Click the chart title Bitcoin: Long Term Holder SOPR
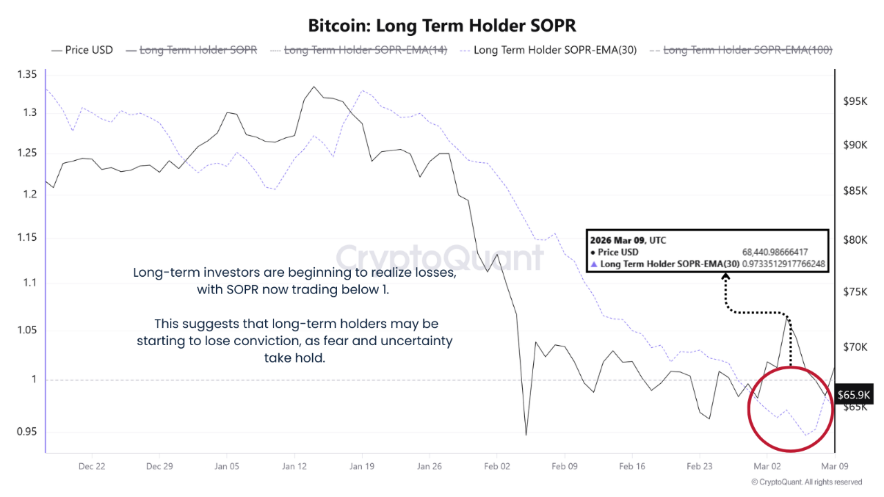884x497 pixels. [x=442, y=26]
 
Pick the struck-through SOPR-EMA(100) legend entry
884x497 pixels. [x=747, y=50]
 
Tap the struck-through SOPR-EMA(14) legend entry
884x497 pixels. [x=364, y=50]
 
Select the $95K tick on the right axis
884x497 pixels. [x=854, y=101]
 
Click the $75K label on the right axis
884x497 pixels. [x=854, y=292]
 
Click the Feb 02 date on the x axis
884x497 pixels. [x=497, y=467]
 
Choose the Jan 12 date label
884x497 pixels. [x=294, y=467]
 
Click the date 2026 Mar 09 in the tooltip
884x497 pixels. [x=617, y=240]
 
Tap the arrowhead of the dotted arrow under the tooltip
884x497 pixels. [x=726, y=277]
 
